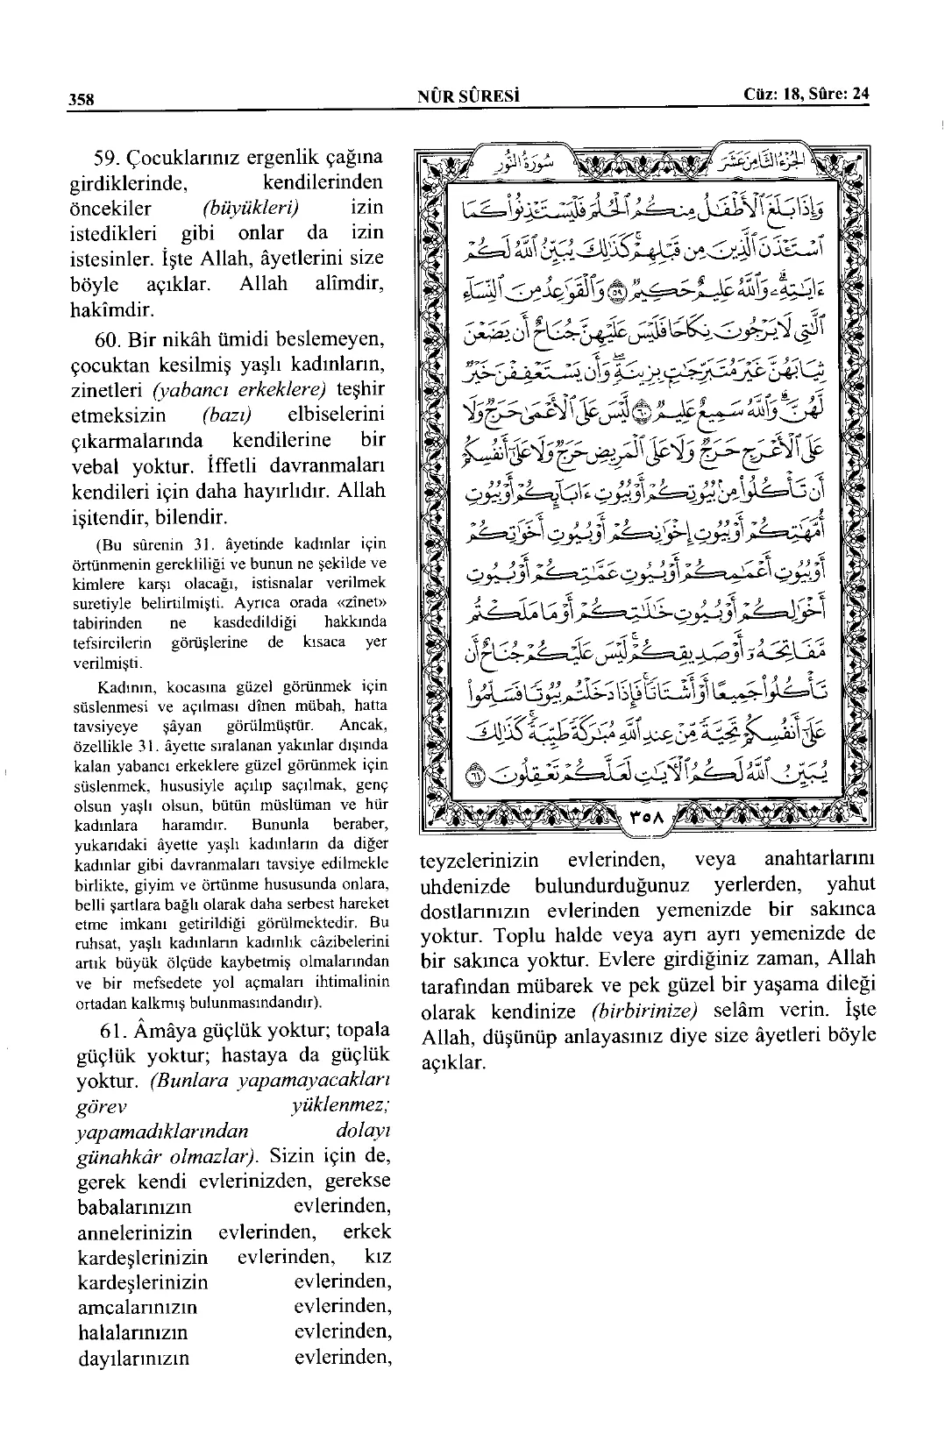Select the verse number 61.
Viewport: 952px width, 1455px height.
click(115, 1028)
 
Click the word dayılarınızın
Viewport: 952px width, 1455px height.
click(133, 1359)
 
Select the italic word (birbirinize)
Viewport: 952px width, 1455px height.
click(643, 1011)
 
